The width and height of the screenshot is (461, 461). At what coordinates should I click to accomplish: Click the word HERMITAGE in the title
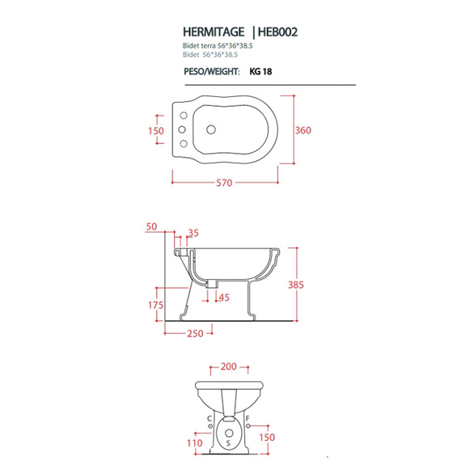pyautogui.click(x=214, y=32)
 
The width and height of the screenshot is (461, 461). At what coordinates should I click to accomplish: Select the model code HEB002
pyautogui.click(x=277, y=32)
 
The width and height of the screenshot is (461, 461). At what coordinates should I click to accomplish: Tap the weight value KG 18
pyautogui.click(x=260, y=71)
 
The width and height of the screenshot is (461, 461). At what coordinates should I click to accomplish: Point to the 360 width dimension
pyautogui.click(x=303, y=130)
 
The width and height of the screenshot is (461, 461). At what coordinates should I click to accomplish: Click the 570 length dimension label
pyautogui.click(x=224, y=183)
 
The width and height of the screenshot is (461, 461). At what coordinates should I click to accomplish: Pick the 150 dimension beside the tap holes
pyautogui.click(x=156, y=131)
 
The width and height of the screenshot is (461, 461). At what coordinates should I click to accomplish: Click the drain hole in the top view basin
pyautogui.click(x=211, y=129)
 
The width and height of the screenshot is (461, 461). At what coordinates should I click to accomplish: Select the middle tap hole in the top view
pyautogui.click(x=182, y=129)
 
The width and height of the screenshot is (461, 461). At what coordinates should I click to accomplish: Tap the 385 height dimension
pyautogui.click(x=296, y=285)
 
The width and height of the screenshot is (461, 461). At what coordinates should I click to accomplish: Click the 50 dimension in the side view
pyautogui.click(x=151, y=226)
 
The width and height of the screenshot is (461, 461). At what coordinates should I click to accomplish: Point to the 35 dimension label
pyautogui.click(x=193, y=233)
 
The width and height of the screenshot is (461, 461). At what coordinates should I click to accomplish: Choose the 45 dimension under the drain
pyautogui.click(x=224, y=298)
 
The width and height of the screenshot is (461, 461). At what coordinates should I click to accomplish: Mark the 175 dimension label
pyautogui.click(x=155, y=305)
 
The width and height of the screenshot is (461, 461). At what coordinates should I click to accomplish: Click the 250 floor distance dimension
pyautogui.click(x=195, y=333)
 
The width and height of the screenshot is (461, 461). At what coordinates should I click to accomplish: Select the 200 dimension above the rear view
pyautogui.click(x=228, y=366)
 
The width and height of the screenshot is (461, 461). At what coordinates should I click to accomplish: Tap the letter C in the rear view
pyautogui.click(x=209, y=418)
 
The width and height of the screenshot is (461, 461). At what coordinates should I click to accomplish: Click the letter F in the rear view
pyautogui.click(x=247, y=418)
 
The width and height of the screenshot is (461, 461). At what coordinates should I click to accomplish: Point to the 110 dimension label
pyautogui.click(x=195, y=442)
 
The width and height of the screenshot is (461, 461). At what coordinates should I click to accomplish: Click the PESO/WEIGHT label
pyautogui.click(x=212, y=71)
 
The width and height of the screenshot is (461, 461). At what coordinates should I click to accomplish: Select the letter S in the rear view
pyautogui.click(x=228, y=442)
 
